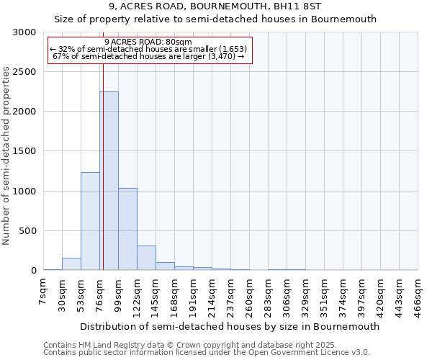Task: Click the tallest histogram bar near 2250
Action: (109, 181)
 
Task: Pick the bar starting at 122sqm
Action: (146, 258)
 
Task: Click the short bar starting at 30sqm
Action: (71, 264)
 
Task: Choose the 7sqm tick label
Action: (42, 292)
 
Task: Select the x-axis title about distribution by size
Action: (230, 326)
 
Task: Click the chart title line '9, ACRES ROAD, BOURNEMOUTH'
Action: (215, 6)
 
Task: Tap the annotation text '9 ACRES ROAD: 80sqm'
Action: (148, 42)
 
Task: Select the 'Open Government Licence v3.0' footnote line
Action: (207, 352)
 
